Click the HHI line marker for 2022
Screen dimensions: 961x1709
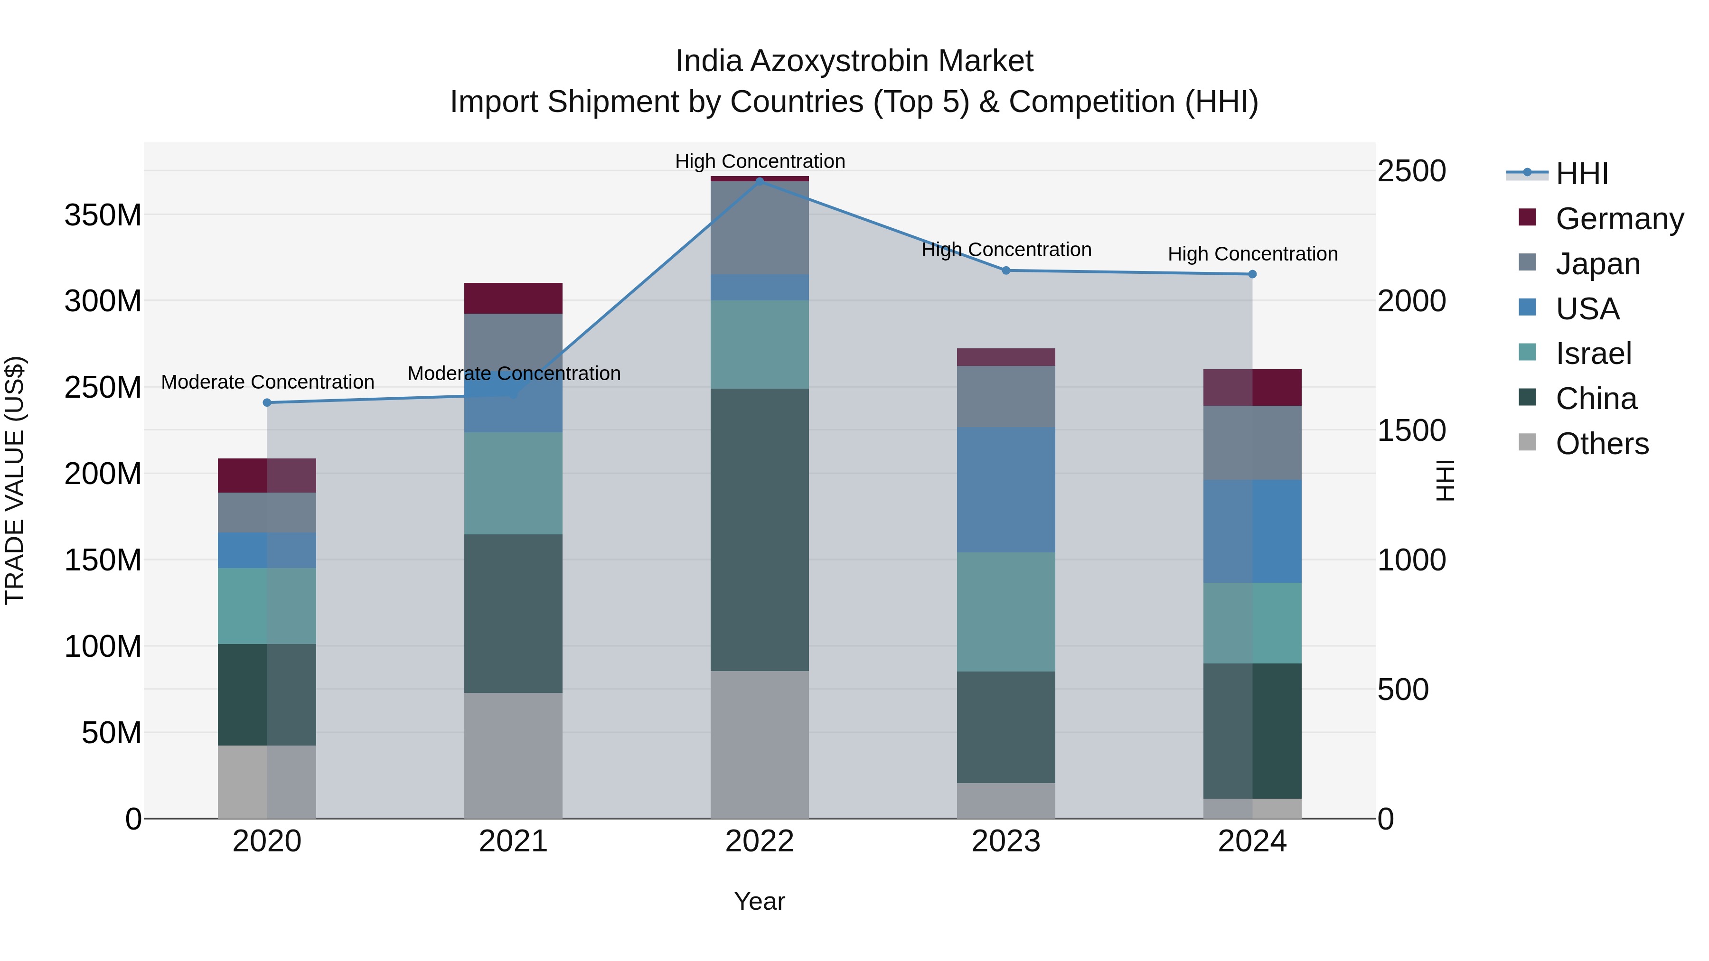click(760, 181)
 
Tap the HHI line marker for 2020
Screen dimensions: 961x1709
click(267, 402)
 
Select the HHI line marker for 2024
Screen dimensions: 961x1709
click(1252, 274)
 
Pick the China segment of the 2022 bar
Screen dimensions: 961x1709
click(760, 529)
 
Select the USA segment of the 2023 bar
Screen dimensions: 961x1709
click(1006, 489)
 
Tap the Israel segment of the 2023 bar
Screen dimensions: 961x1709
click(1006, 612)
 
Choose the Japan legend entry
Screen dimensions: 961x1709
click(1597, 263)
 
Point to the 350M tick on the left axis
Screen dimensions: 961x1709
click(103, 215)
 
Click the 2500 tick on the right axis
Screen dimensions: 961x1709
click(1412, 171)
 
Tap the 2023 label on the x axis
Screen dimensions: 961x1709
click(1006, 841)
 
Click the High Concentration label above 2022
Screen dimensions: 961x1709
click(760, 161)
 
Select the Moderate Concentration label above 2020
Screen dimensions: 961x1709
click(267, 382)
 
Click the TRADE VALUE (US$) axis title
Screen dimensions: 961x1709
click(15, 480)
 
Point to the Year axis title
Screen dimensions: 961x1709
click(760, 901)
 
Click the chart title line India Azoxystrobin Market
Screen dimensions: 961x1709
click(854, 61)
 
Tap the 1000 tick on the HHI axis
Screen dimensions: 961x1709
click(1412, 560)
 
